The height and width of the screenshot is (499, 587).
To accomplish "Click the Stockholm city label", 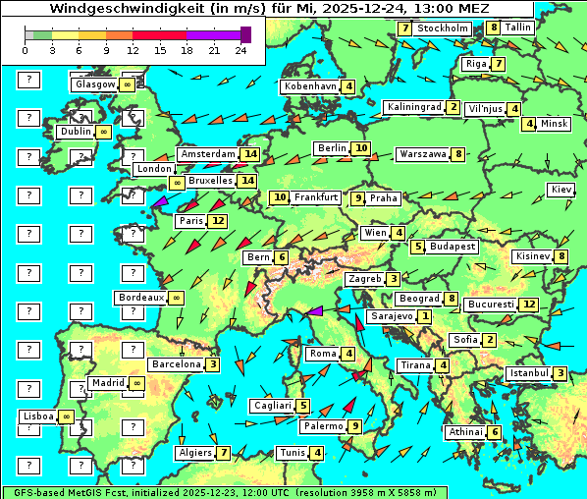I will coord(443,28).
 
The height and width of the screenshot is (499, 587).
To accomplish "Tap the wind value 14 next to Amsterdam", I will coord(250,154).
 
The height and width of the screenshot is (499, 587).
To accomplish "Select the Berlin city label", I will coord(332,148).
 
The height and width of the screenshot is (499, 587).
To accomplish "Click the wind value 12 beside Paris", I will coord(217,221).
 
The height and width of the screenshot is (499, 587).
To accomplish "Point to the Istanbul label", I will coord(529,373).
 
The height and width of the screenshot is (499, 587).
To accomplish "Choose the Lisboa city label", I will coord(37,416).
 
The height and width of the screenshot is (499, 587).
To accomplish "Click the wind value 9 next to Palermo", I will coord(354,426).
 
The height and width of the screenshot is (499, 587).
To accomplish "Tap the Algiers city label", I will coord(194,453).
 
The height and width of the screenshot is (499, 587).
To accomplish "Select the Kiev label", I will coord(561,189).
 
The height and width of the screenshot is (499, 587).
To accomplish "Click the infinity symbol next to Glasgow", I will coord(127,85).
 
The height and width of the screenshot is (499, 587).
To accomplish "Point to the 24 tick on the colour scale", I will coord(240,50).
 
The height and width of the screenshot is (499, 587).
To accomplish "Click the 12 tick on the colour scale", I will coord(133,50).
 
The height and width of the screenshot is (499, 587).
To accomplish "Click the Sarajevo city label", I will coord(391,316).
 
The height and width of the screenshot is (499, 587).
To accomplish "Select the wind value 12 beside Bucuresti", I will coord(529,305).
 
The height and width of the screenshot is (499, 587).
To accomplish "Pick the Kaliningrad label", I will coord(413,107).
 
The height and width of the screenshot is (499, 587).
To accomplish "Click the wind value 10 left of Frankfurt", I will coord(280,197).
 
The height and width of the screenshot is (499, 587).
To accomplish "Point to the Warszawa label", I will coord(422,154).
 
